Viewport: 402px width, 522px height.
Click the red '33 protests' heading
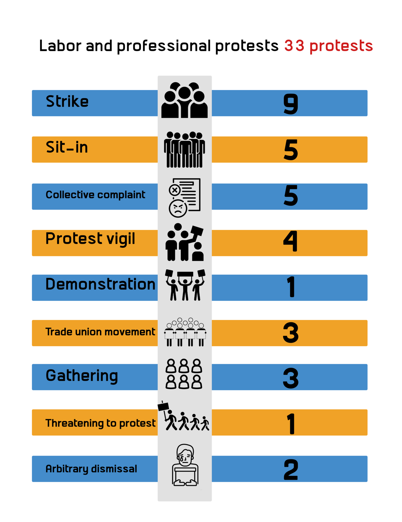pyautogui.click(x=329, y=46)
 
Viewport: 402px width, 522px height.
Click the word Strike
pyautogui.click(x=67, y=101)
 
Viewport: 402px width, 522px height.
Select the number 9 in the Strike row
pyautogui.click(x=291, y=103)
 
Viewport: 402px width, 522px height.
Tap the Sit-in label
pyautogui.click(x=67, y=148)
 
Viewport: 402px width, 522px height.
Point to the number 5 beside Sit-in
pyautogui.click(x=291, y=150)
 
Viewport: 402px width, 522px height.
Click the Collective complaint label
pyautogui.click(x=95, y=195)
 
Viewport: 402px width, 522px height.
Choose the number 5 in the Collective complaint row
pyautogui.click(x=291, y=195)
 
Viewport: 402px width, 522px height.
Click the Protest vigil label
pyautogui.click(x=90, y=239)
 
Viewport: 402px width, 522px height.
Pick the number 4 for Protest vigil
pyautogui.click(x=291, y=241)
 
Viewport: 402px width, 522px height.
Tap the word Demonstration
pyautogui.click(x=100, y=284)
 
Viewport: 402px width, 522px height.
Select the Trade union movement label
pyautogui.click(x=100, y=332)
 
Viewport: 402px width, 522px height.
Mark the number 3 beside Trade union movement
pyautogui.click(x=291, y=332)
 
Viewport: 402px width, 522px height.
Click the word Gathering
pyautogui.click(x=82, y=376)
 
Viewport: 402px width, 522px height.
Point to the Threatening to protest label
pyautogui.click(x=100, y=423)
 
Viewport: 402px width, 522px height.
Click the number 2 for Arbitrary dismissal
pyautogui.click(x=291, y=469)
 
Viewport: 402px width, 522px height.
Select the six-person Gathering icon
pyautogui.click(x=184, y=374)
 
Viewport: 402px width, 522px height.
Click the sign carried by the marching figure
pyautogui.click(x=163, y=406)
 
